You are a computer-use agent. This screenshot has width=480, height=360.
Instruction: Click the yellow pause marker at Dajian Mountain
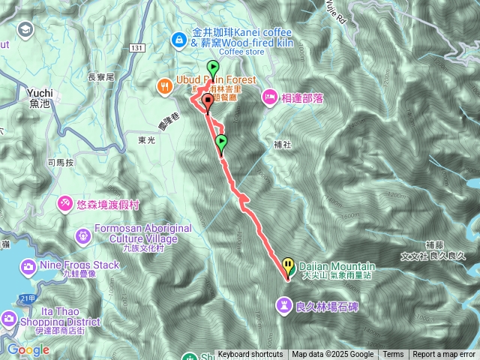(x=289, y=265)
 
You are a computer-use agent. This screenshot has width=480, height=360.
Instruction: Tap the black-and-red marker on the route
(x=207, y=103)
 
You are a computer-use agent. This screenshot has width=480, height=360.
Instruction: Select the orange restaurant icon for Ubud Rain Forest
(x=165, y=86)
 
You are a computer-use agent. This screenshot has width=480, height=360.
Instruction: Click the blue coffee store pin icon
(x=180, y=38)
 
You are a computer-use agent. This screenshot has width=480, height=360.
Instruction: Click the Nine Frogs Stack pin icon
(x=28, y=267)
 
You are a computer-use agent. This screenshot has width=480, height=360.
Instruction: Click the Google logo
(x=28, y=349)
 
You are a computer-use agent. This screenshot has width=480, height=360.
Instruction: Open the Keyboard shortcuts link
(x=250, y=355)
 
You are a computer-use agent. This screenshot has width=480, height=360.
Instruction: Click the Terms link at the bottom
(x=393, y=355)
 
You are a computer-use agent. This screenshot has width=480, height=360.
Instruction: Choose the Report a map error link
(x=444, y=355)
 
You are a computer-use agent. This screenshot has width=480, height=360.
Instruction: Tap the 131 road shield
(x=136, y=47)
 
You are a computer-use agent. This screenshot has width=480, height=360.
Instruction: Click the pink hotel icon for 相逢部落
(x=269, y=97)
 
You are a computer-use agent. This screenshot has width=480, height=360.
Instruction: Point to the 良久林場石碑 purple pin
(x=284, y=305)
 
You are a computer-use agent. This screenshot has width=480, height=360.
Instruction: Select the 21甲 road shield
(x=28, y=298)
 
